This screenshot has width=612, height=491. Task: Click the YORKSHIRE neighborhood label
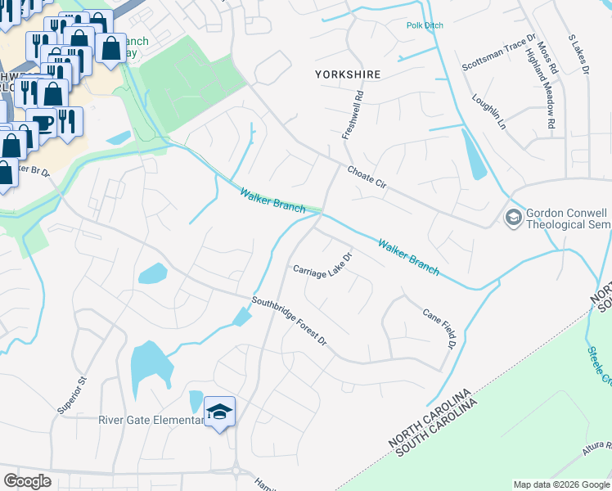(348, 74)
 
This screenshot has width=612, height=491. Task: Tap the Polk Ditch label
(425, 26)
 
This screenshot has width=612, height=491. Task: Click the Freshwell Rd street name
(351, 115)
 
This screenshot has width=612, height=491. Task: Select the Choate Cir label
(366, 180)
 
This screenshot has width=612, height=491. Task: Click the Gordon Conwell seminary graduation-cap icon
(513, 218)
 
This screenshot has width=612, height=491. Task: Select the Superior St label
(82, 392)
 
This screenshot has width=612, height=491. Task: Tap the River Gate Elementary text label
(151, 421)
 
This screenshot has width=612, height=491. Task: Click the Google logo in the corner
(28, 480)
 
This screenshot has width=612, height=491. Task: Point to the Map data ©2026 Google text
(560, 484)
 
